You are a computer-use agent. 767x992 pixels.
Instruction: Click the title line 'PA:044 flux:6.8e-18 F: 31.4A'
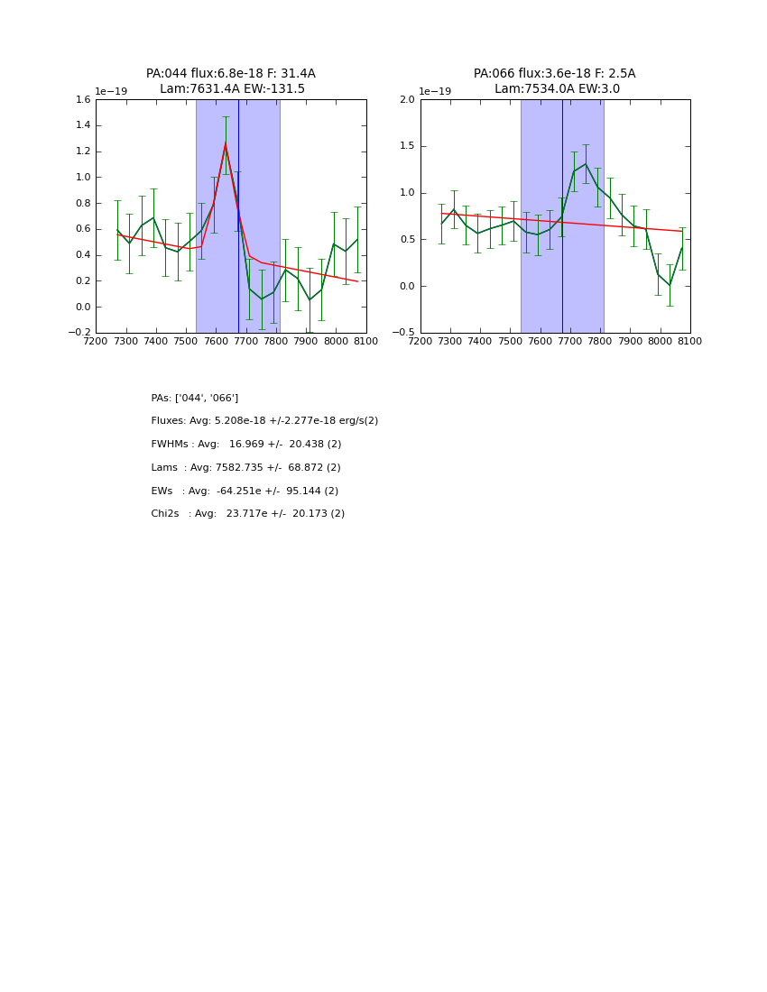231,74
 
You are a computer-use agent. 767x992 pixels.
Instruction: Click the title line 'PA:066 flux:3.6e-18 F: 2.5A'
554,74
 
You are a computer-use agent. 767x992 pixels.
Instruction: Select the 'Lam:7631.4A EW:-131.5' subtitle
232,89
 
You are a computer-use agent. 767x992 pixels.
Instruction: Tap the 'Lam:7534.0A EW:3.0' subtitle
557,89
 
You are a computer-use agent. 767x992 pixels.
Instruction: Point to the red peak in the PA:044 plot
226,143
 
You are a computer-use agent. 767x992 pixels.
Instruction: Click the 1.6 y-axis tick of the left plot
82,100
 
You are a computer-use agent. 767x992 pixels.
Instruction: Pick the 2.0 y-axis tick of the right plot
407,100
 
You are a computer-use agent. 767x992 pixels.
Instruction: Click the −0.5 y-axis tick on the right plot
404,333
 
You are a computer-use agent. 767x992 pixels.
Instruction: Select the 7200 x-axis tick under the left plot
96,342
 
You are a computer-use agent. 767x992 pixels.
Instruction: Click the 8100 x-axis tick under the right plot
690,342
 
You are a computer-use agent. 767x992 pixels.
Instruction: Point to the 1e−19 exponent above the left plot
111,91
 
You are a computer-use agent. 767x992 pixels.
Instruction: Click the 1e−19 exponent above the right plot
435,91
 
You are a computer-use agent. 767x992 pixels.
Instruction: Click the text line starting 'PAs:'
195,398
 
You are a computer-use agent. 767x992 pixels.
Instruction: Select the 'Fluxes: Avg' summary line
264,421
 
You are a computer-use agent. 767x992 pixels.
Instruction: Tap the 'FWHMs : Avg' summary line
246,445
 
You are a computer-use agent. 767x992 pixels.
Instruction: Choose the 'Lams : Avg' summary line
245,468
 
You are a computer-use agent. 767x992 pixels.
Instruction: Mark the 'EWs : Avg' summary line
245,491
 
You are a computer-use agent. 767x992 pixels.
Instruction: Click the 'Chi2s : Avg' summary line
247,514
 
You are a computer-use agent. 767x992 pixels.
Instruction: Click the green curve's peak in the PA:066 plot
586,164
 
